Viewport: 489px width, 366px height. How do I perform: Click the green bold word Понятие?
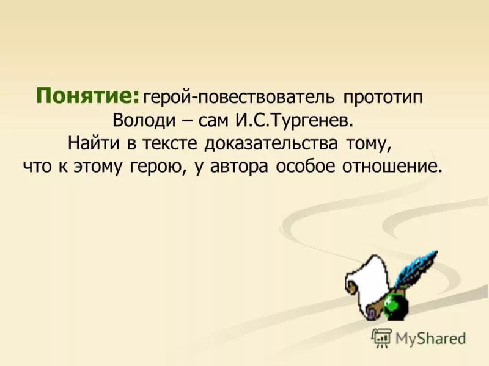click(x=87, y=96)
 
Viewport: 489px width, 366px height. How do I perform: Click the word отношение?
click(x=392, y=166)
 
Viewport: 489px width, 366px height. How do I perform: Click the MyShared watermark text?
click(x=430, y=338)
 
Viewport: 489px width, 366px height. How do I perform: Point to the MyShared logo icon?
click(x=381, y=337)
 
